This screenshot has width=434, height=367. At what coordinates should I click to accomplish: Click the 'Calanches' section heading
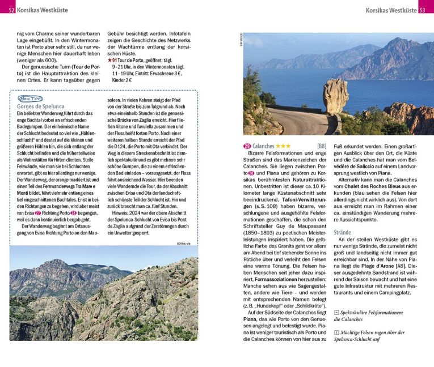click(263, 146)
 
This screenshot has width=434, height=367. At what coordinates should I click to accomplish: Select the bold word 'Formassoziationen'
click(277, 279)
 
